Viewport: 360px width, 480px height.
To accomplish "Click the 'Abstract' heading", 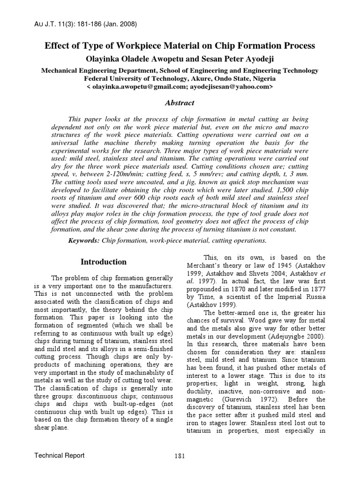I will pyautogui.click(x=180, y=103).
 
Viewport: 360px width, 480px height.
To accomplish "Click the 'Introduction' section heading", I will pyautogui.click(x=104, y=262).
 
